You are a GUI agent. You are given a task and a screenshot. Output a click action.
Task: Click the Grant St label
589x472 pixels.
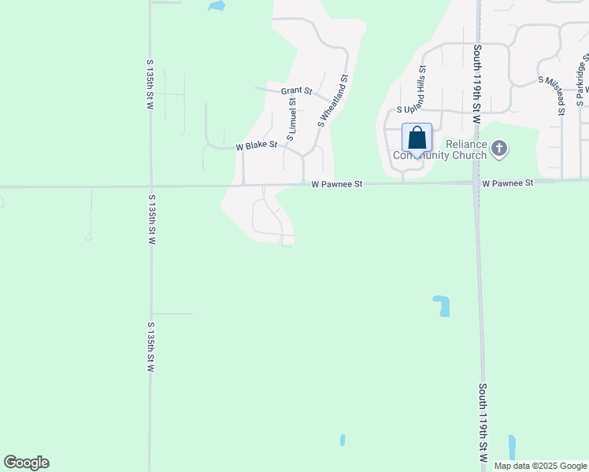click(297, 91)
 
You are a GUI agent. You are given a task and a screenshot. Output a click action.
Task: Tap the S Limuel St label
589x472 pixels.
click(291, 120)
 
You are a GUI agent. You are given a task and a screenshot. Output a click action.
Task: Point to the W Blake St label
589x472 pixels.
click(257, 146)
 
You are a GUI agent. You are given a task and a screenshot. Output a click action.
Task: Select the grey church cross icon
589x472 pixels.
click(499, 148)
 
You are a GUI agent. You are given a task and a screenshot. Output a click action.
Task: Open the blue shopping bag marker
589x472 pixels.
click(417, 138)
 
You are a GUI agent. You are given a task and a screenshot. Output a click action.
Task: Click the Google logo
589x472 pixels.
click(26, 463)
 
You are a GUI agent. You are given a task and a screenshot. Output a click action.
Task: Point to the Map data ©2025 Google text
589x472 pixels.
click(540, 466)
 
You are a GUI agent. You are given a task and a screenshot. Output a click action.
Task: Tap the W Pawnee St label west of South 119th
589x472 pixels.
click(336, 184)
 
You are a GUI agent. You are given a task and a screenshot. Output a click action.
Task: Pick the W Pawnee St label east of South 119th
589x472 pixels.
click(508, 183)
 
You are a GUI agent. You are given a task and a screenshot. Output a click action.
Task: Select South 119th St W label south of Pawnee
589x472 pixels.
click(483, 422)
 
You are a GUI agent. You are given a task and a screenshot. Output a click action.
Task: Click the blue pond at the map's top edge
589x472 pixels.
click(216, 6)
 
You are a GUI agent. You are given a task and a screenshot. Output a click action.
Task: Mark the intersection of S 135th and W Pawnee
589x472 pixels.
click(150, 187)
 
